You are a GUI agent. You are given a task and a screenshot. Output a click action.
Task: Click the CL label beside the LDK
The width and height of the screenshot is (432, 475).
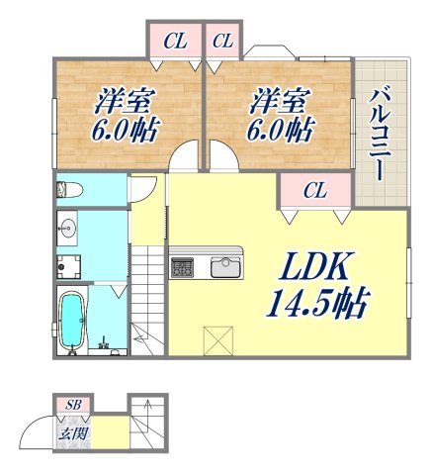click(x=316, y=190)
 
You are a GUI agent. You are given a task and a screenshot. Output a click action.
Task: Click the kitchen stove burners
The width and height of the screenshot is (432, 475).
click(x=184, y=266)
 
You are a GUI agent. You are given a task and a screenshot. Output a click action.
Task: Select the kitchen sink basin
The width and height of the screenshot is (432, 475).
click(x=224, y=266)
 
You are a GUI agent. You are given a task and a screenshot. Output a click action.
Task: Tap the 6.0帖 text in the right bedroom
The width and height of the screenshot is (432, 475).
click(x=281, y=129)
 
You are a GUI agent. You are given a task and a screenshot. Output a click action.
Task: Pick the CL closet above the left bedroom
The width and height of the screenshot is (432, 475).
click(x=175, y=42)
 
